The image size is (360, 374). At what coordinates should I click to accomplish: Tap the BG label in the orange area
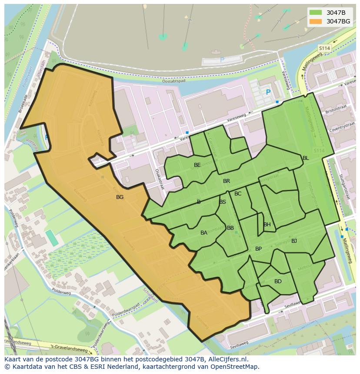[120, 197]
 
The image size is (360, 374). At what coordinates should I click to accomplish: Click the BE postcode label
[197, 165]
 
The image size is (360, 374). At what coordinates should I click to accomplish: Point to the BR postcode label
[227, 181]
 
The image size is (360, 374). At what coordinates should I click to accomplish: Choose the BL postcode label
[306, 158]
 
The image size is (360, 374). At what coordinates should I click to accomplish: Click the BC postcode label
[238, 194]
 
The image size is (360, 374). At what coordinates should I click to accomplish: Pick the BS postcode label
[223, 202]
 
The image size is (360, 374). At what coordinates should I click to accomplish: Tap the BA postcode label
[204, 233]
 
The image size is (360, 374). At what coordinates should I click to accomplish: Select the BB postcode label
[230, 228]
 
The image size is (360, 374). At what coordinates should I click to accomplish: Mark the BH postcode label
[267, 225]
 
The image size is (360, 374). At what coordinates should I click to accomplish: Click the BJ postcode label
[294, 241]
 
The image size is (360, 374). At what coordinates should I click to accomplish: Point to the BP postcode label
[259, 249]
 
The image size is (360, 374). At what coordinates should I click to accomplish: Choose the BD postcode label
[278, 281]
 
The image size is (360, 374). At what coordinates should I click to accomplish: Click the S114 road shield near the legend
[324, 48]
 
